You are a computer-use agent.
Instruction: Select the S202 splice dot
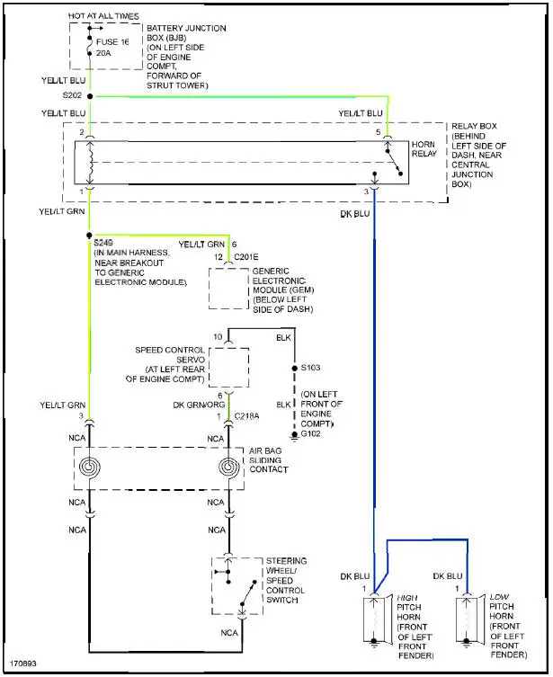click(x=89, y=94)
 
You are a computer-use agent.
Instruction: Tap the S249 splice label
click(x=104, y=243)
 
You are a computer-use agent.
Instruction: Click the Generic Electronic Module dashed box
click(x=228, y=288)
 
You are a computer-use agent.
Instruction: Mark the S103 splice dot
click(x=294, y=368)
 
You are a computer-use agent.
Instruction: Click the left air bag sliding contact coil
click(x=89, y=468)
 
